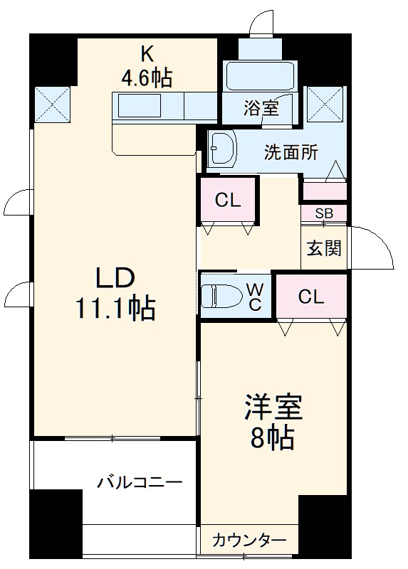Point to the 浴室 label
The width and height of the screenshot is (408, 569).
[x=261, y=109]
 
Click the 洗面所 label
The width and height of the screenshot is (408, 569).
[x=291, y=151]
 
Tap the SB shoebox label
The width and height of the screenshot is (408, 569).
[x=324, y=213]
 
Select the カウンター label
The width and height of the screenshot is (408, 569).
[x=249, y=540]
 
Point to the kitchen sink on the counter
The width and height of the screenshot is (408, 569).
[x=140, y=107]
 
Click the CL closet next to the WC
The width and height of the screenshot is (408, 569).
[x=311, y=297]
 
